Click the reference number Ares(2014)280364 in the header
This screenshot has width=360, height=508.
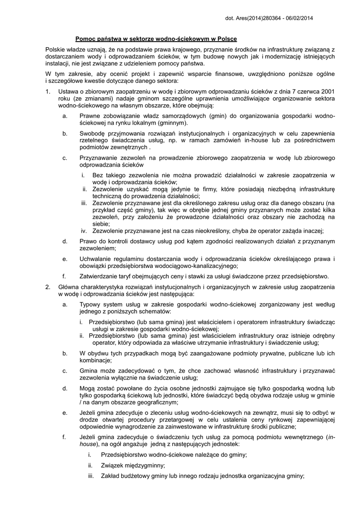coord(261,18)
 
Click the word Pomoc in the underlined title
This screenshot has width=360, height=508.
coord(85,39)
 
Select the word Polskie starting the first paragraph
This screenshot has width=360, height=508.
coord(55,50)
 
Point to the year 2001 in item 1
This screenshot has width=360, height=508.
coord(327,91)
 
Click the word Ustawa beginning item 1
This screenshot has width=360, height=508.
coord(68,91)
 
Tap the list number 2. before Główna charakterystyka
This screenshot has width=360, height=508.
coord(48,287)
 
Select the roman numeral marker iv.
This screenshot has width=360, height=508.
coord(84,231)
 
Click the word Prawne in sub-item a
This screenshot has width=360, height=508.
coord(89,116)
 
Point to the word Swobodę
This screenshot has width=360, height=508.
coord(93,133)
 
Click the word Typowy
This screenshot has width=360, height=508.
coord(90,305)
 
